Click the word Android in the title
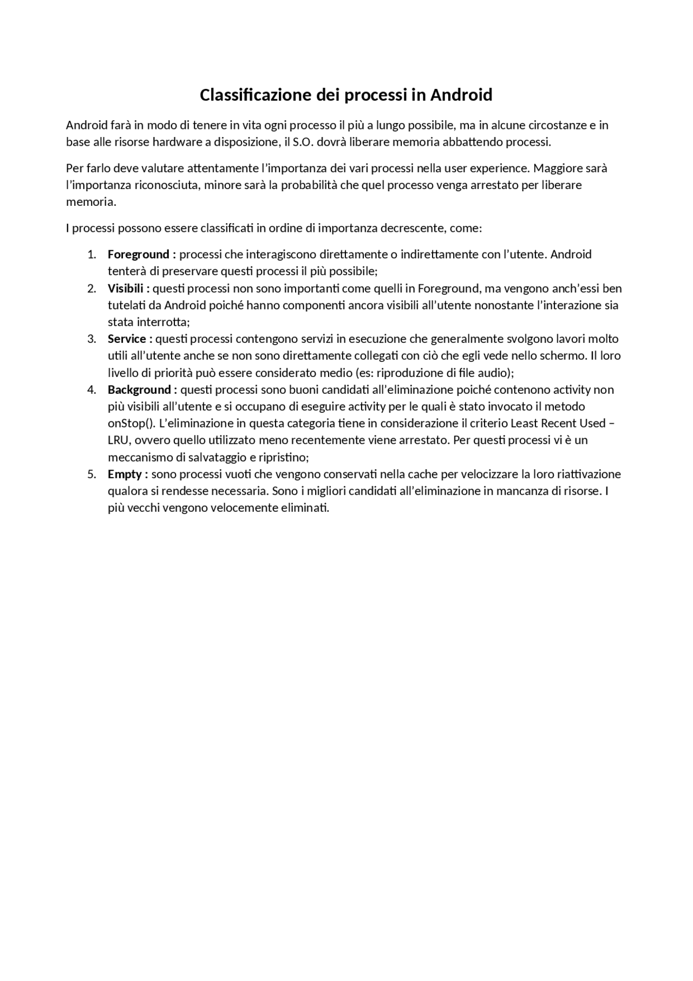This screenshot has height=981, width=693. [461, 95]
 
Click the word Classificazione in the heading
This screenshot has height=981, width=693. [256, 95]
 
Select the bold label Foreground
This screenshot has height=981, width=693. [139, 254]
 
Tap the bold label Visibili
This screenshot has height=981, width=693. [126, 288]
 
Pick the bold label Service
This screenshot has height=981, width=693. [127, 339]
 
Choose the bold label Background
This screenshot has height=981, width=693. [139, 389]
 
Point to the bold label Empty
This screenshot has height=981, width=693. [125, 474]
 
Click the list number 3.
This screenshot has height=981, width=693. [91, 339]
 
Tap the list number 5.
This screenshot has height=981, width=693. [91, 474]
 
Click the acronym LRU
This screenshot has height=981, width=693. [118, 440]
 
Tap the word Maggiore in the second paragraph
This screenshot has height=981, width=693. [557, 168]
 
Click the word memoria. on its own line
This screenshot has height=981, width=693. [91, 202]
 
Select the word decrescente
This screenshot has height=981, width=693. [413, 228]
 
